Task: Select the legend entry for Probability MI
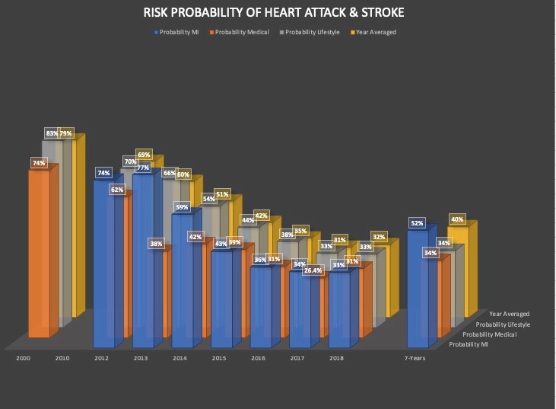[x=178, y=32]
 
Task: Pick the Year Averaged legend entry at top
[x=375, y=32]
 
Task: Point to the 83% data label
[x=52, y=133]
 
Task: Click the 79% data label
[x=66, y=133]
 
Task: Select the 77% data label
[x=142, y=168]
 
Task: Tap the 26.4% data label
[x=313, y=270]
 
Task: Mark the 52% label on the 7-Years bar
[x=416, y=223]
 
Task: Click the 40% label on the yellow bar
[x=456, y=219]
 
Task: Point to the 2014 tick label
[x=180, y=357]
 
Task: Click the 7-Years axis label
[x=415, y=357]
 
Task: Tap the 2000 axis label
[x=24, y=357]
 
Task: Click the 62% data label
[x=117, y=189]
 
